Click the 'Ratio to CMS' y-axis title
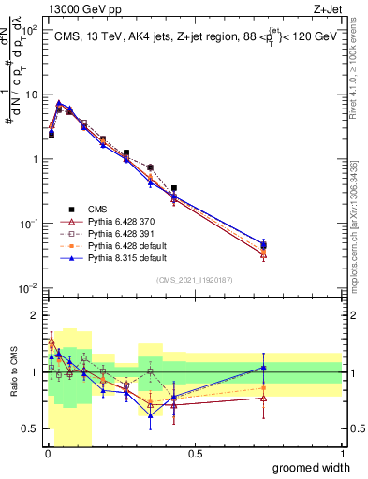point(12,373)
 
